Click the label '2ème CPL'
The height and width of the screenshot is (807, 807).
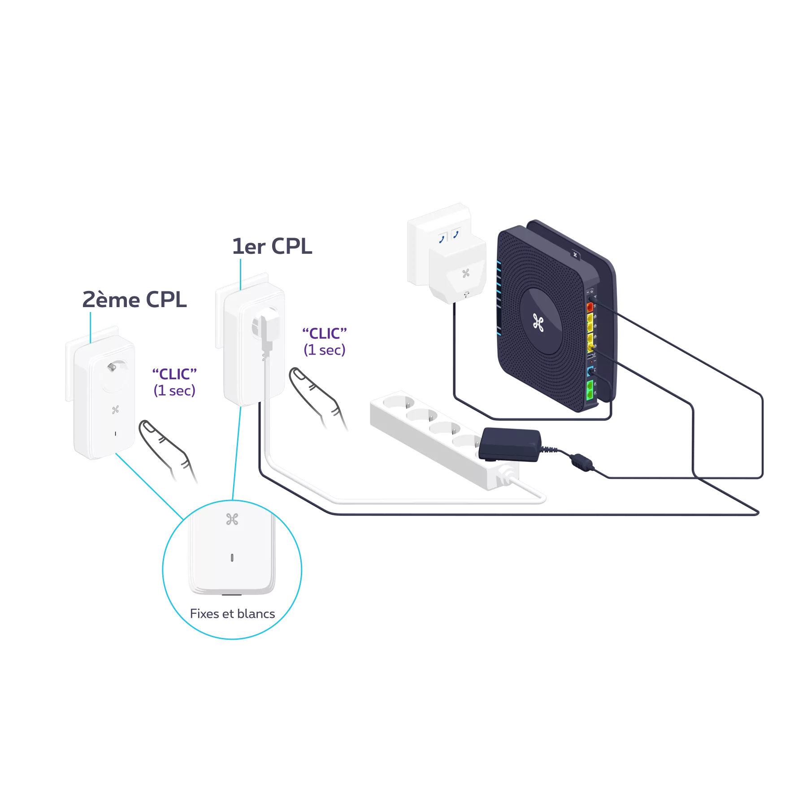point(135,299)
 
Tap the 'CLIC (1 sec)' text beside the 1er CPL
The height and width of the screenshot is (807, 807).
point(325,342)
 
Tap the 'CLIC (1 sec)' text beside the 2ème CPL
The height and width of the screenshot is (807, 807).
point(175,382)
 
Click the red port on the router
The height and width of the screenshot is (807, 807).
point(590,308)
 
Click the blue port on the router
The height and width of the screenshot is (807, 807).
point(590,371)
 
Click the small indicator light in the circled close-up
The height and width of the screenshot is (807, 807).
point(232,558)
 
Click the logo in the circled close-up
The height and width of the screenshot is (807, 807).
point(232,519)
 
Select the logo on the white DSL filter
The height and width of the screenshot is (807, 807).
point(465,273)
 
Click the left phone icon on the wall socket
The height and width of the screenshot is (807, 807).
point(442,238)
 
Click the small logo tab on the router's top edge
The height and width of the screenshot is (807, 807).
point(576,254)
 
